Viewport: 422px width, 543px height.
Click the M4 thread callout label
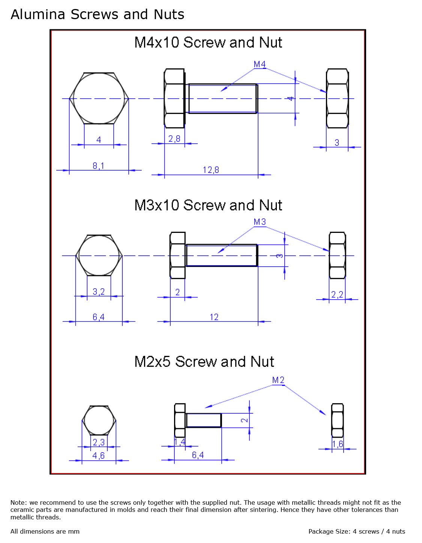point(259,64)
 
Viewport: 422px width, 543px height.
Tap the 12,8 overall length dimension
point(211,170)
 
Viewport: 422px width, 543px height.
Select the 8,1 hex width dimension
point(98,166)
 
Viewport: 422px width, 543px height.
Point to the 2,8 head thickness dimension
point(174,139)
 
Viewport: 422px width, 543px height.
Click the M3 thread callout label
point(260,222)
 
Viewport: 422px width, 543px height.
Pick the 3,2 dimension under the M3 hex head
point(98,292)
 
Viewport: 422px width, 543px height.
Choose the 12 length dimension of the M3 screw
point(214,317)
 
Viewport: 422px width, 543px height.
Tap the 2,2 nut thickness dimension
point(337,295)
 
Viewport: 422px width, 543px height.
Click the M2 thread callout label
point(278,380)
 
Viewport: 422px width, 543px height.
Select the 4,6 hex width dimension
point(98,456)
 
